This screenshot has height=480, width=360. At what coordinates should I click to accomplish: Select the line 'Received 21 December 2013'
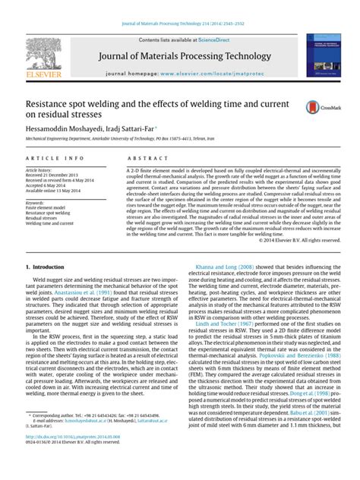[54, 178]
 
